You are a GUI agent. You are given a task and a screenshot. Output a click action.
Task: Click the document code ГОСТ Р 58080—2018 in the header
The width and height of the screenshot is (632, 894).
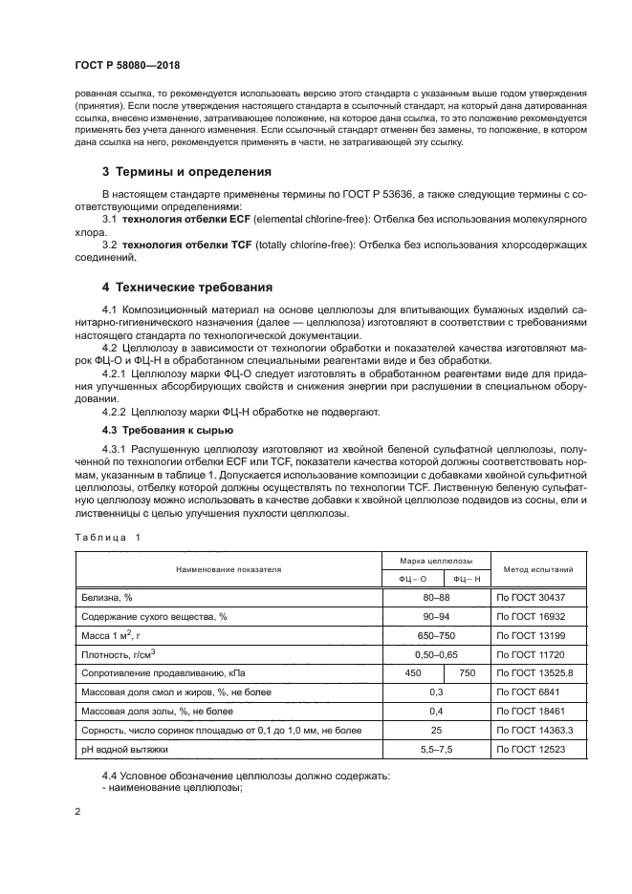(x=127, y=66)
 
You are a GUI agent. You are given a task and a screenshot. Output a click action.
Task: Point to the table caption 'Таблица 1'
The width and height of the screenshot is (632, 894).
(x=107, y=537)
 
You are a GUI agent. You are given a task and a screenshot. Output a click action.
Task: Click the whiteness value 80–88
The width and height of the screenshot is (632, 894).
(x=437, y=597)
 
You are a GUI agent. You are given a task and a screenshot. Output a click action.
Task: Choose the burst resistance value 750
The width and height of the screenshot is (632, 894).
(x=466, y=673)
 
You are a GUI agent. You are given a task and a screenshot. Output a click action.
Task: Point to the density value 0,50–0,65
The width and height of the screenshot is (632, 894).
(x=437, y=654)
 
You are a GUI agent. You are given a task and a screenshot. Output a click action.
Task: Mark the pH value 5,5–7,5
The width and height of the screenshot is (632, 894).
(x=437, y=750)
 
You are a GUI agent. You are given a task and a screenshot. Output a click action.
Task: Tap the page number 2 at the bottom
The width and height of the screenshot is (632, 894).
(x=78, y=812)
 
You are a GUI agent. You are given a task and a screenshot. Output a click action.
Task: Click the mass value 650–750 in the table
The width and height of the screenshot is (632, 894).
(x=437, y=635)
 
